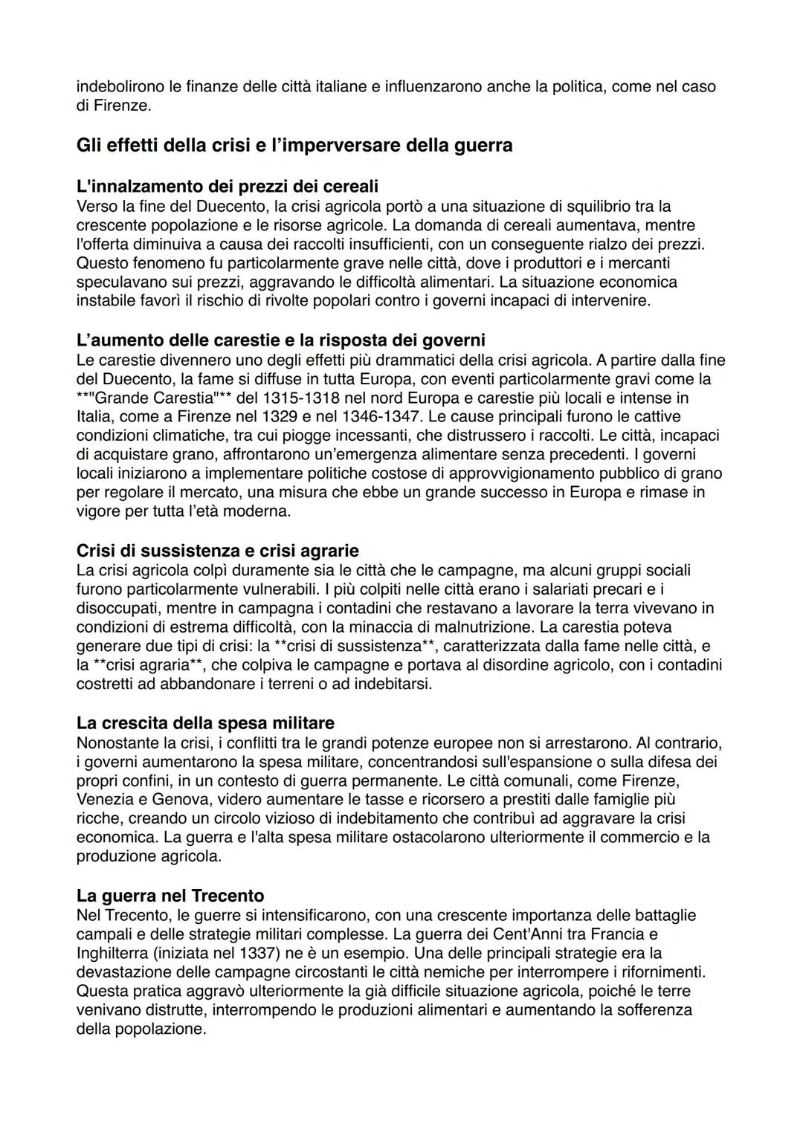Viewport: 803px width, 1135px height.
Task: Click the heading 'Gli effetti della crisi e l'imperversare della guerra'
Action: [294, 145]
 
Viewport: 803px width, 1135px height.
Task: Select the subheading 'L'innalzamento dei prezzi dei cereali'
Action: [228, 186]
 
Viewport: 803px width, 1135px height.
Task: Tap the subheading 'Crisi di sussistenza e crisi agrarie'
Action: [217, 551]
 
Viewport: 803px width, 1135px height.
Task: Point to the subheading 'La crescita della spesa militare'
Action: [205, 723]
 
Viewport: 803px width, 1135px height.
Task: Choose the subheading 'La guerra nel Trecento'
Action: [170, 896]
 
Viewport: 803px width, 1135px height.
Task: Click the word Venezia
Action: [106, 800]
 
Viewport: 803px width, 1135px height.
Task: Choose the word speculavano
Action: [121, 282]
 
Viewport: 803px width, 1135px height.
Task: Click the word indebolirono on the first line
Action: [120, 87]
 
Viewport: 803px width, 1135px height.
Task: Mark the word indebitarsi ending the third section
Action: [393, 684]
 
